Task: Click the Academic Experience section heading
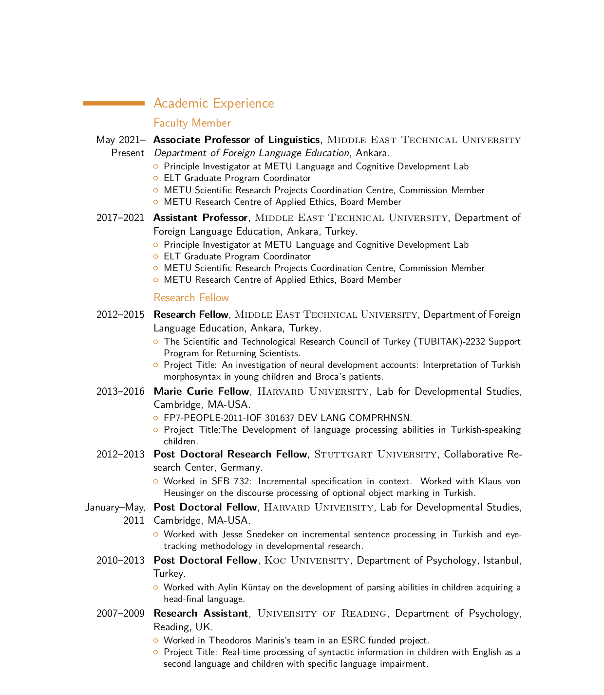[x=213, y=103]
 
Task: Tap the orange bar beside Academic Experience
[x=114, y=103]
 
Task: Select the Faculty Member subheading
[x=192, y=123]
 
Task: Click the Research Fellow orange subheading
[x=191, y=297]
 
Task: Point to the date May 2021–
[x=120, y=140]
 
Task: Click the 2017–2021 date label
[x=120, y=218]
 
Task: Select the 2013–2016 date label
[x=120, y=391]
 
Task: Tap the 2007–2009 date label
[x=120, y=613]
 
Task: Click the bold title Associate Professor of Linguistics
[x=236, y=140]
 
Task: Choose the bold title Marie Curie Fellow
[x=201, y=391]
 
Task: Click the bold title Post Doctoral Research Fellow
[x=230, y=454]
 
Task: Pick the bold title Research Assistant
[x=201, y=613]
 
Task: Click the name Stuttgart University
[x=375, y=454]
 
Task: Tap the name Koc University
[x=307, y=560]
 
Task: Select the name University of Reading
[x=322, y=613]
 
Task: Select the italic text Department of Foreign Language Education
[x=251, y=153]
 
